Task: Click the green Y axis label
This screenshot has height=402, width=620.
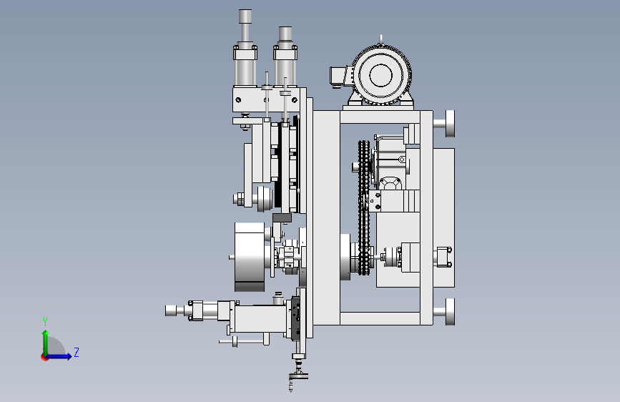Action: tap(45, 322)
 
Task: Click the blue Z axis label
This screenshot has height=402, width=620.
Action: tap(77, 352)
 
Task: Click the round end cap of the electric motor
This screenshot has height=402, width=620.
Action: tap(380, 75)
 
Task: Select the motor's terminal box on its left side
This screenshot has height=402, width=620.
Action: tap(339, 76)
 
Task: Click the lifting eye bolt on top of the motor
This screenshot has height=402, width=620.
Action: tap(380, 39)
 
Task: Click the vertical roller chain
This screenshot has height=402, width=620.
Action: tap(364, 207)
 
